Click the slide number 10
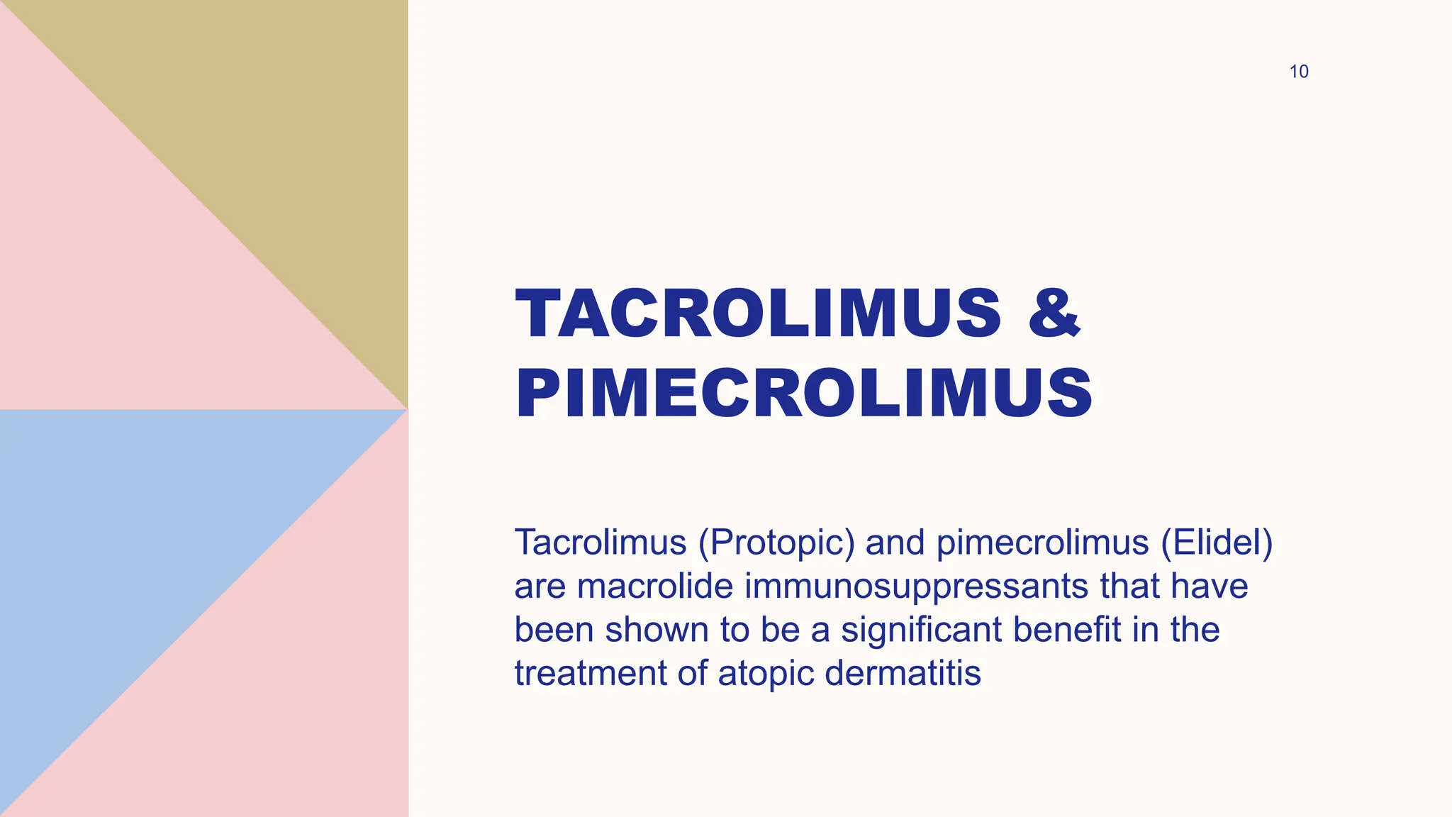(1298, 72)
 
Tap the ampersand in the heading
(1054, 313)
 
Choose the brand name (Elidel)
(1217, 543)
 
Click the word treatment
(590, 673)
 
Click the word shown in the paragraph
(657, 630)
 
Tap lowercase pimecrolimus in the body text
(1042, 543)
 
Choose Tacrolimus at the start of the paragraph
(601, 543)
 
